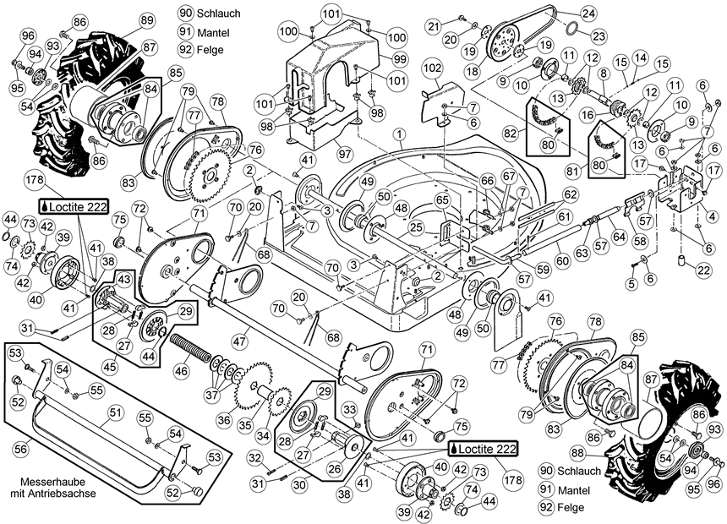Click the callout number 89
(x=145, y=19)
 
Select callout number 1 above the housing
(x=397, y=135)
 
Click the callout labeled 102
(x=432, y=66)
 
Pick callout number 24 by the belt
(x=588, y=14)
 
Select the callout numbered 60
(x=560, y=250)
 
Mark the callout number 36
(x=223, y=419)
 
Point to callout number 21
(x=434, y=27)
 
